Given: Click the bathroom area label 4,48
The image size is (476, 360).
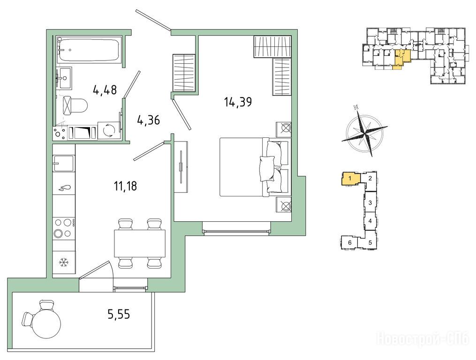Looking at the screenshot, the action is point(105,90).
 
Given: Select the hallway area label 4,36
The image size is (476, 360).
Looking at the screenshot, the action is point(149,120).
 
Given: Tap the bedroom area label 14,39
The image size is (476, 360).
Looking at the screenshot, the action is point(238,102).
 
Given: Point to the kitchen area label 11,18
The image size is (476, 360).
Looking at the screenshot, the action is point(125,186).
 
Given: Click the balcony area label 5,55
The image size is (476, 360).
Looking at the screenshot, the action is point(119,315).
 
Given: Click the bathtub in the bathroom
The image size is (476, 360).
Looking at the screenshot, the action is point(88,50).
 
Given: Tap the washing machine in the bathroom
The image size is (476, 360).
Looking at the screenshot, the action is point(108,130).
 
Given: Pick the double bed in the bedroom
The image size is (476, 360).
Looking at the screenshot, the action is point(254,167).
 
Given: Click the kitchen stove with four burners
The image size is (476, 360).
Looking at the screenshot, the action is point(63,228).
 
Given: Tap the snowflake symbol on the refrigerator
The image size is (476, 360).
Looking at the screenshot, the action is point(63,262).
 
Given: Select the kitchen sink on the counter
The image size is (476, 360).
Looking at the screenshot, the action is point(63,164).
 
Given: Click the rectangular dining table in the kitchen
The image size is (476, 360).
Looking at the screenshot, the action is point(140,243).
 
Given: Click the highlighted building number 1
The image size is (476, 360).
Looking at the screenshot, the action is point(350,178).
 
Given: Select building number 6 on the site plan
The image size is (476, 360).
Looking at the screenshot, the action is point(350,242).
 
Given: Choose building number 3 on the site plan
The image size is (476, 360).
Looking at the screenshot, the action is point(370,203).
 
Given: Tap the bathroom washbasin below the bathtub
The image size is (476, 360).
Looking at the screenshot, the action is point(64,78).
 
